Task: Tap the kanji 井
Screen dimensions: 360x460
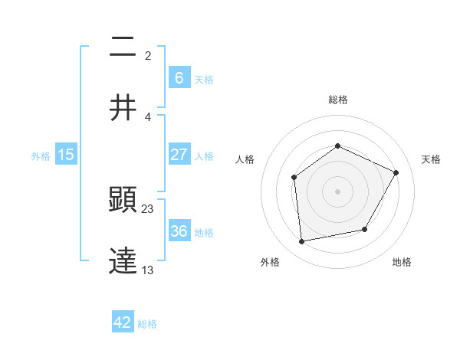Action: (x=123, y=108)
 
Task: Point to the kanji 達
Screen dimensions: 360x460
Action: (x=123, y=261)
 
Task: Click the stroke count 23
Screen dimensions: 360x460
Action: (x=148, y=208)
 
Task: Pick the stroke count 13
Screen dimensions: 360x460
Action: (x=148, y=270)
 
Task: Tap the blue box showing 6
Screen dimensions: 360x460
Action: (x=179, y=77)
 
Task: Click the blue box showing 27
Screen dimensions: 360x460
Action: (x=179, y=155)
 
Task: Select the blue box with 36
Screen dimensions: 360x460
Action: (x=179, y=231)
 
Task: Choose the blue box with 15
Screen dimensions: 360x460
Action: (x=66, y=155)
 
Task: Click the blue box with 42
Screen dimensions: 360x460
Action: (x=123, y=322)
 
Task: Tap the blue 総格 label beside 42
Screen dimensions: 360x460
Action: (x=147, y=324)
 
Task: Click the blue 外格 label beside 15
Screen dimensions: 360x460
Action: (x=41, y=155)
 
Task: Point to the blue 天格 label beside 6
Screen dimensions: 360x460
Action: (x=203, y=79)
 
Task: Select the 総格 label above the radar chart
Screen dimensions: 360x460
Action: (x=337, y=100)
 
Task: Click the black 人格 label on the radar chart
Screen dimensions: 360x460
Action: (x=245, y=159)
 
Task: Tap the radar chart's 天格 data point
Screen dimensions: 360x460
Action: (x=396, y=172)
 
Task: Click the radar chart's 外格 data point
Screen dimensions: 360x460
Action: (x=302, y=242)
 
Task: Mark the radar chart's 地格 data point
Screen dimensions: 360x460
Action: (x=365, y=229)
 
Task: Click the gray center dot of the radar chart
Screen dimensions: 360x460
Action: (x=337, y=191)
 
